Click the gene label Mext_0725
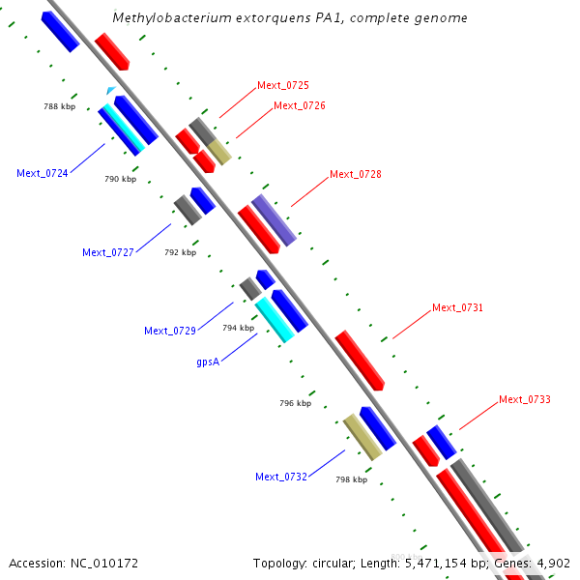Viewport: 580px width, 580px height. [283, 85]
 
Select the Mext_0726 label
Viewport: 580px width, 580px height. [300, 105]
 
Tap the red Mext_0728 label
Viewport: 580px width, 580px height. [356, 174]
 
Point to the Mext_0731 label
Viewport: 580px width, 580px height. [457, 307]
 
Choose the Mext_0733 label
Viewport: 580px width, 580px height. [525, 399]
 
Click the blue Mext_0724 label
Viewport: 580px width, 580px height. [43, 173]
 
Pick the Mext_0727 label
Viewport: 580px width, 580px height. [108, 252]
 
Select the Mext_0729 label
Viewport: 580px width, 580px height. [170, 331]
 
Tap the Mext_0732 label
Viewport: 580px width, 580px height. [281, 477]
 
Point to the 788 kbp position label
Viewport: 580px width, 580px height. [59, 106]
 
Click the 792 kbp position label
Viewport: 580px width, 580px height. [180, 252]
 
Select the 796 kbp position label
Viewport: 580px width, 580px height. [295, 403]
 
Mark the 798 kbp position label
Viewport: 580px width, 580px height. [351, 478]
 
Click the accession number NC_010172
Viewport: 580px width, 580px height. [73, 562]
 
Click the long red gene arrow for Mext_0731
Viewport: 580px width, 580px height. [360, 360]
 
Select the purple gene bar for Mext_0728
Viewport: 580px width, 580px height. [274, 219]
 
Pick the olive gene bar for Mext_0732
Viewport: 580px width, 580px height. [362, 437]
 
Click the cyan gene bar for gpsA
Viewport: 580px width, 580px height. [275, 320]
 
